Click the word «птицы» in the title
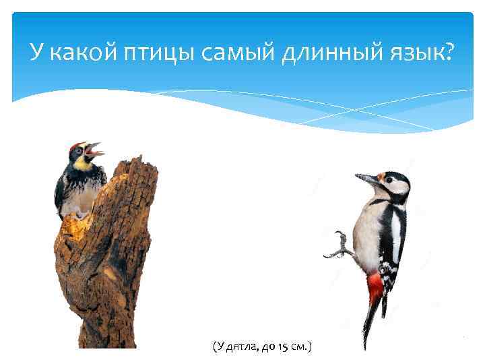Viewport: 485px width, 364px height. (x=164, y=52)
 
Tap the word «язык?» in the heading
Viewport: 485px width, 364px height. (x=418, y=52)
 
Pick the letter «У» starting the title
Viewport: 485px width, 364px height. (x=38, y=51)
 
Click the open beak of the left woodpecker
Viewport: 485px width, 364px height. (x=96, y=150)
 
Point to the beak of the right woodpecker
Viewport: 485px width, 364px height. (x=367, y=180)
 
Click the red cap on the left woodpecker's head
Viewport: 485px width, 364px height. (x=76, y=146)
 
